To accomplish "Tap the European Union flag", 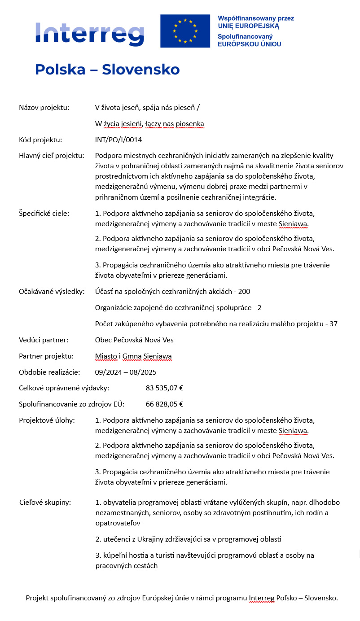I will tap(185, 31).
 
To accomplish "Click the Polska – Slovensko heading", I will tap(107, 70).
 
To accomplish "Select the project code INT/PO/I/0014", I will tap(119, 140).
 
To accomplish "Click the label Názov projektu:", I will tap(44, 107).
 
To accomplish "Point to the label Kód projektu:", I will tap(40, 140).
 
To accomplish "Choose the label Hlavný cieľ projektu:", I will tap(52, 156).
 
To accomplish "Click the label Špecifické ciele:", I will tap(44, 213).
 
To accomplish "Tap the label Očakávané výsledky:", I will tap(52, 292).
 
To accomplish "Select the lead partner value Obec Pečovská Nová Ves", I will tap(134, 340).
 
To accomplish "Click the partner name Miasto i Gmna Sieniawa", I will tap(133, 356).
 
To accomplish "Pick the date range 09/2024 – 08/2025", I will tap(126, 372).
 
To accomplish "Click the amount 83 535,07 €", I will tap(165, 388).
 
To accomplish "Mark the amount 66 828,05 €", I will tap(165, 404).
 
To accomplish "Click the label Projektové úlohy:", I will tap(47, 420).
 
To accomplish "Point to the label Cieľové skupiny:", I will tap(45, 502).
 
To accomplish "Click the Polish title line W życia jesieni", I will tap(149, 123).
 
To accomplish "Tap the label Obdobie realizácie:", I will tap(49, 372).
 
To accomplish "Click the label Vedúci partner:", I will tap(44, 340).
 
